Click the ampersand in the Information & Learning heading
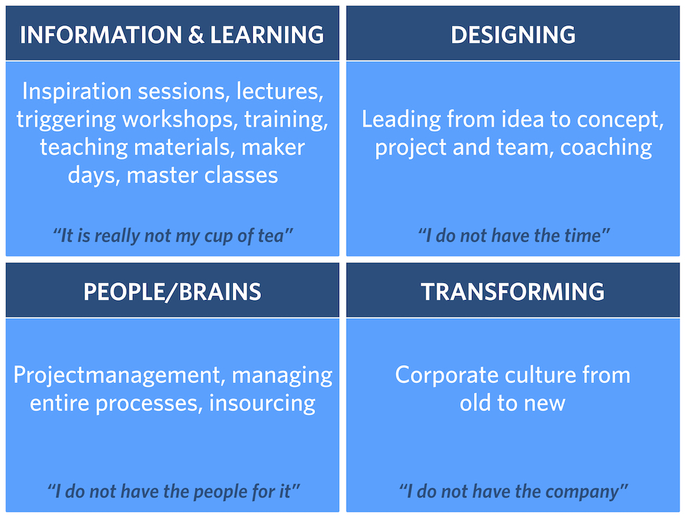coord(196,35)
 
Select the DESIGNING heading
coord(513,35)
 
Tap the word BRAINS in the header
coord(220,292)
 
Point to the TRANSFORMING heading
coord(512,292)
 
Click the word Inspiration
coord(77,91)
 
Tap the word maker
coord(273,147)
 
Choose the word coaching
coord(606,148)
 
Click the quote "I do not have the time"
coord(514,236)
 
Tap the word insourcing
coord(262,403)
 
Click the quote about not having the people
coord(173,492)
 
